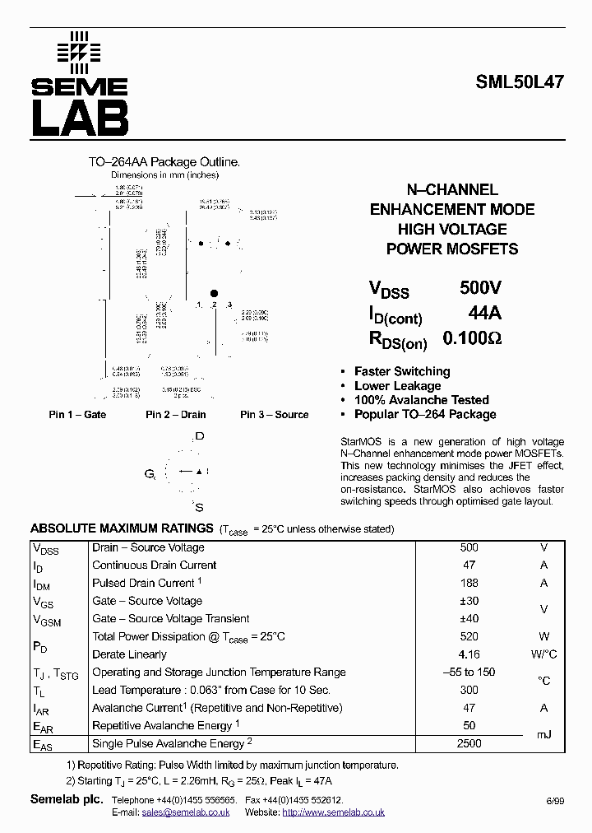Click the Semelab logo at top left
pos(79,84)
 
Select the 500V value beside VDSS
pos(479,288)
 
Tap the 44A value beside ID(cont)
pos(483,314)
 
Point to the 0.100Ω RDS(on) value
pos(472,338)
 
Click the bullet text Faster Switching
pos(401,371)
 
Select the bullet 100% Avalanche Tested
pos(421,400)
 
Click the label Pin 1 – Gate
pos(77,415)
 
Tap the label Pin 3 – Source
pos(274,415)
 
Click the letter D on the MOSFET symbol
pos(199,436)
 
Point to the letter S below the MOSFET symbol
pos(199,507)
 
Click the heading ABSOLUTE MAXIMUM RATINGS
pos(122,528)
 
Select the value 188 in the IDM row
pos(469,583)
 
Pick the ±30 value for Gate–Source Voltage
pos(469,601)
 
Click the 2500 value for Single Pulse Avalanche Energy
pos(469,743)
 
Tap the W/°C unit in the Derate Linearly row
pos(543,654)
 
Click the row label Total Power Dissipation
pos(188,636)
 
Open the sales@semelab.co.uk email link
pos(185,812)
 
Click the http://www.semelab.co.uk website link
pos(333,812)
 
